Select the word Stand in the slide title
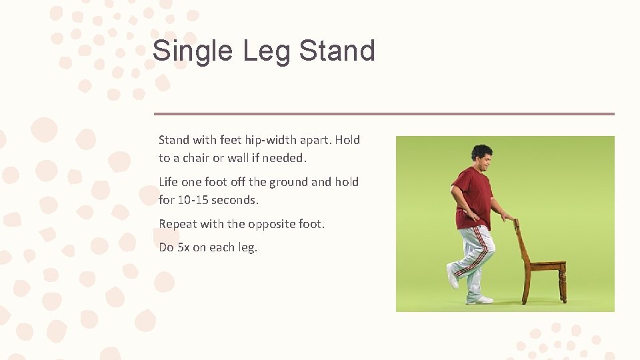coord(337,51)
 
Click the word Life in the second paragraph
coord(169,182)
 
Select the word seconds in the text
coord(235,199)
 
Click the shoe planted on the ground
coord(479,299)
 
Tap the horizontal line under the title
coord(384,114)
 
